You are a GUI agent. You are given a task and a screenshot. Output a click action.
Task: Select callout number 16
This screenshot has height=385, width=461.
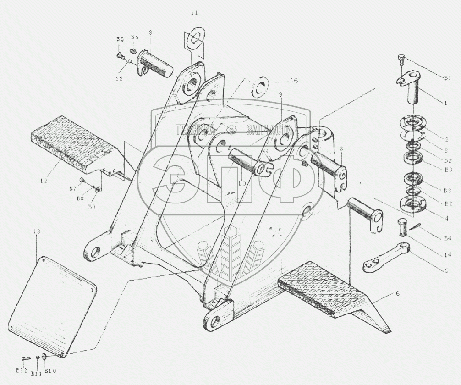click(294, 80)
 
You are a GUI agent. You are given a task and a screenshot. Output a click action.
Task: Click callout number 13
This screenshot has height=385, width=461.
click(37, 232)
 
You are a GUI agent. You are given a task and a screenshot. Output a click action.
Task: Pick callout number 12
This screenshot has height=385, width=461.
click(44, 181)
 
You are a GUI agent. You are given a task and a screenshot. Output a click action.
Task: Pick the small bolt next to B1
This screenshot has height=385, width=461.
click(400, 58)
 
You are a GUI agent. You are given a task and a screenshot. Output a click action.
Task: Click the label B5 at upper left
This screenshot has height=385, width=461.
click(135, 37)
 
